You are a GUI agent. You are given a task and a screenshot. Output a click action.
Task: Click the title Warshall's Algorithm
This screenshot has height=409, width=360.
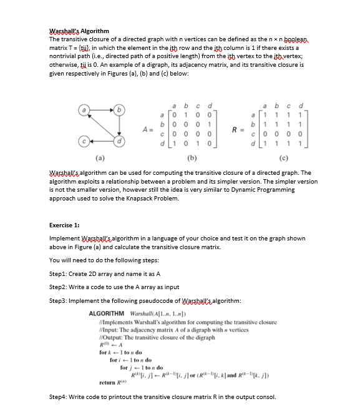tap(79, 31)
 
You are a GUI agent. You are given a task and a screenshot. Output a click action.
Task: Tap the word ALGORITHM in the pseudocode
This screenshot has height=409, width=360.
tap(107, 313)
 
